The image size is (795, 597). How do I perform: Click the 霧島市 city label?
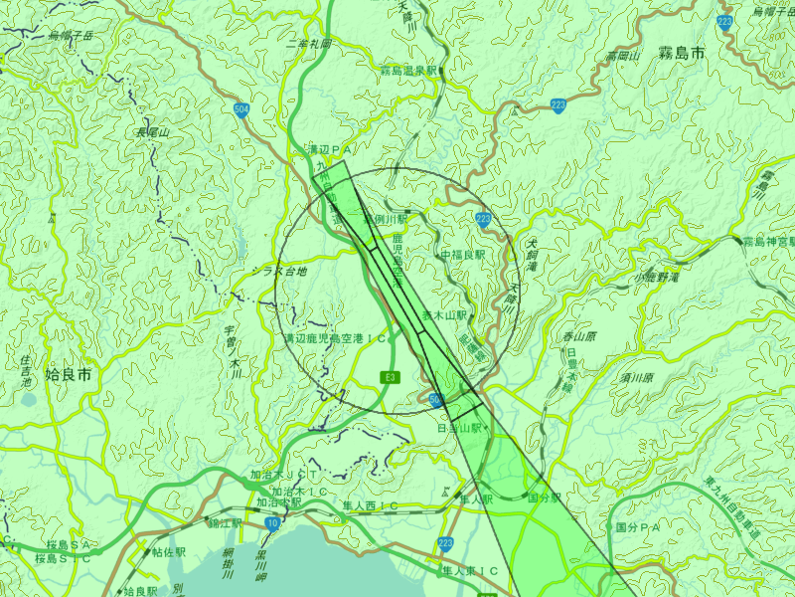click(x=682, y=54)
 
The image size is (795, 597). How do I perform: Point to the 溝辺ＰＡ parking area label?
click(x=331, y=149)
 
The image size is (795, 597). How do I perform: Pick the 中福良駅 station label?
click(x=462, y=256)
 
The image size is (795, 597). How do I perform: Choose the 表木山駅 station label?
click(x=444, y=314)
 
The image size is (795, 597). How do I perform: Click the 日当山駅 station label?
click(x=459, y=428)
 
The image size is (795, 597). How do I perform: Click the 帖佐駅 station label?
click(x=169, y=550)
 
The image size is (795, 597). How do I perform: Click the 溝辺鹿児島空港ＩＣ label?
click(x=336, y=339)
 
